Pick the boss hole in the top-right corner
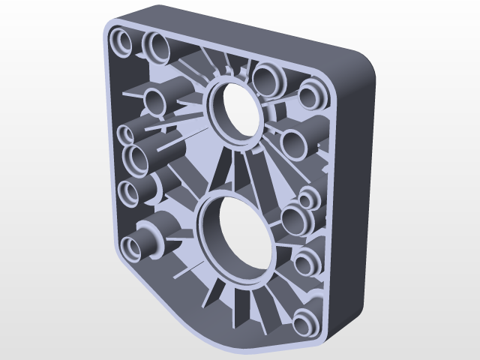(311, 95)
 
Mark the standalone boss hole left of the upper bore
(154, 99)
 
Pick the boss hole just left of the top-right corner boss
(266, 77)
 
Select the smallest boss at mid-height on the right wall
(307, 199)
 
